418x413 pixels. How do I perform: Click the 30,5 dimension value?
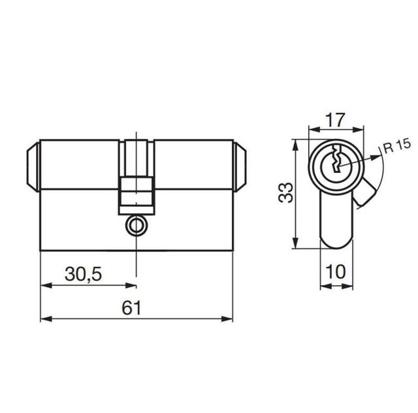83,275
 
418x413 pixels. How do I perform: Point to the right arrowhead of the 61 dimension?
229,319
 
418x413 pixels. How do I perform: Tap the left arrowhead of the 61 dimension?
45,319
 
